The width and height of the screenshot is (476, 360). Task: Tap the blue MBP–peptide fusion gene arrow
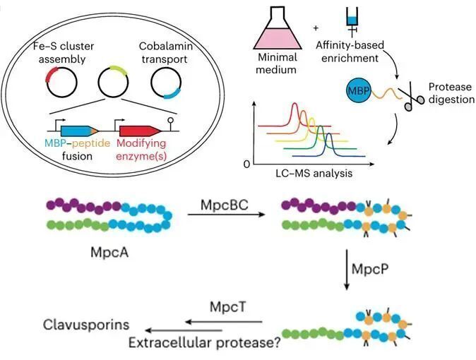pyautogui.click(x=79, y=131)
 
